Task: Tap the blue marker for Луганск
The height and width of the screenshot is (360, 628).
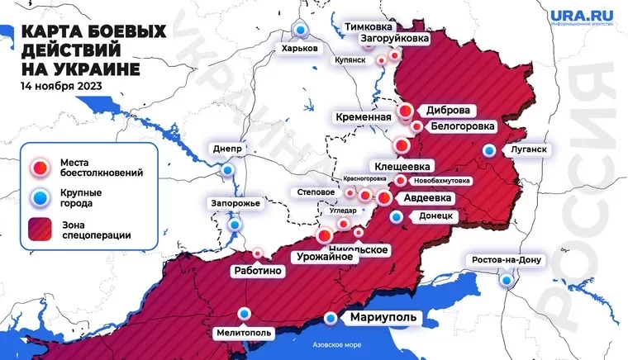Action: coord(491,151)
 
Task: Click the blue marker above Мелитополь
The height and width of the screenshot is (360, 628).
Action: coord(245,313)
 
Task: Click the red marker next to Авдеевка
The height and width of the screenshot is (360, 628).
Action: coord(384,198)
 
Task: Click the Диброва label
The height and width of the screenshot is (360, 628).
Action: coord(449,110)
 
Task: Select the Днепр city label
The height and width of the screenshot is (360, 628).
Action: coord(226,149)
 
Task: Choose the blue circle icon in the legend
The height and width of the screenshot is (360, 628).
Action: coord(40,197)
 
